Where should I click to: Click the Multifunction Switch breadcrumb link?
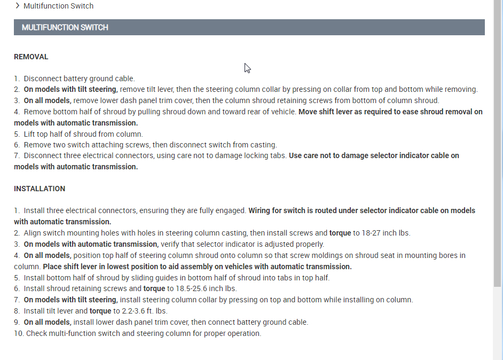click(x=58, y=6)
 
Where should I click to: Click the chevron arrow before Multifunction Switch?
click(x=18, y=6)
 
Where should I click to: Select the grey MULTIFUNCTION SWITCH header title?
click(x=65, y=27)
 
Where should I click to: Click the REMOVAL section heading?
click(x=31, y=57)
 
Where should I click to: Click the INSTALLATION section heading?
click(x=40, y=189)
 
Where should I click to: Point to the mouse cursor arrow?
click(x=247, y=68)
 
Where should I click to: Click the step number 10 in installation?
click(x=18, y=333)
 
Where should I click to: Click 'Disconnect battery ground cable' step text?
click(x=79, y=79)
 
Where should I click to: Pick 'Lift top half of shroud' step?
click(x=83, y=134)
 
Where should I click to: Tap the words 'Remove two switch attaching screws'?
click(x=84, y=145)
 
